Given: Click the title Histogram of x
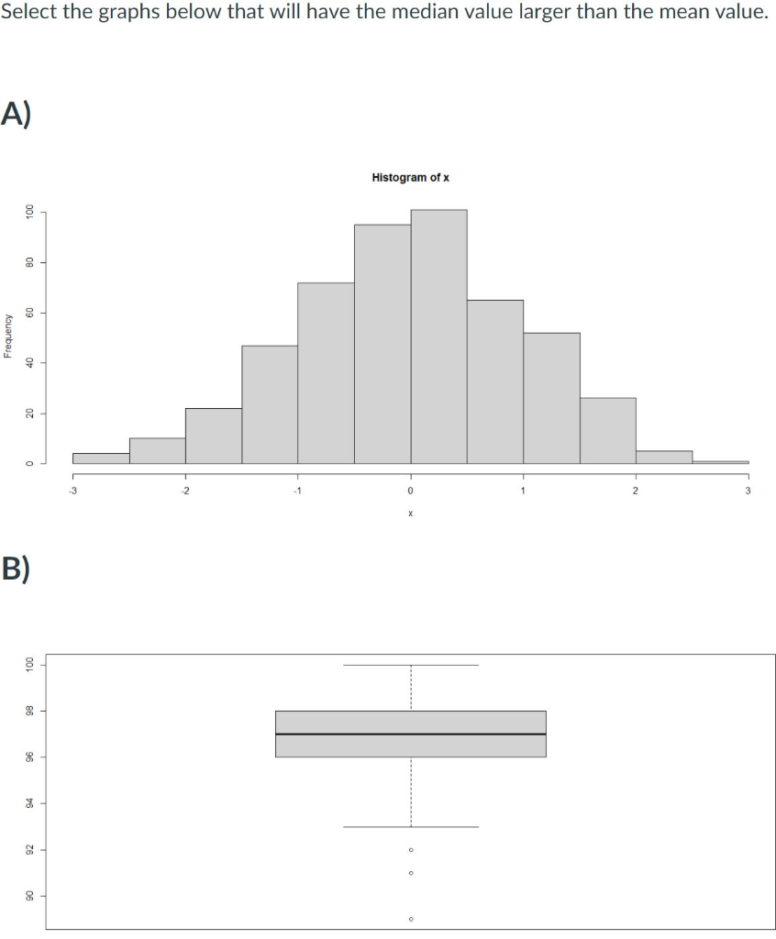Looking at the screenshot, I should pyautogui.click(x=410, y=177).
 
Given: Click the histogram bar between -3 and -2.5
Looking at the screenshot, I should pyautogui.click(x=101, y=458).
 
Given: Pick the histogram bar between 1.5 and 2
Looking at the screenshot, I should pyautogui.click(x=607, y=430).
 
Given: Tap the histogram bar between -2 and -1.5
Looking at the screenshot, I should pyautogui.click(x=213, y=436).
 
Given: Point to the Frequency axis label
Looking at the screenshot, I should pyautogui.click(x=9, y=337).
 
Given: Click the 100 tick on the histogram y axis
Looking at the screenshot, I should pyautogui.click(x=30, y=212).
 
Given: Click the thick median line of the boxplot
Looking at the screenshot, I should pyautogui.click(x=410, y=734).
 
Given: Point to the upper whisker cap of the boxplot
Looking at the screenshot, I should pyautogui.click(x=410, y=665).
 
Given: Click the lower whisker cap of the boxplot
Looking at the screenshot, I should pyautogui.click(x=410, y=827).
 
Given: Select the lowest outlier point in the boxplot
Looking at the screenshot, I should pyautogui.click(x=410, y=918).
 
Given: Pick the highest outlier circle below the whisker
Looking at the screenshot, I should pyautogui.click(x=410, y=850).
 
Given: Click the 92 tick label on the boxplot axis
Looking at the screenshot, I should pyautogui.click(x=30, y=850).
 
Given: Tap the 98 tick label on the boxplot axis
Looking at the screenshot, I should pyautogui.click(x=30, y=711).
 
